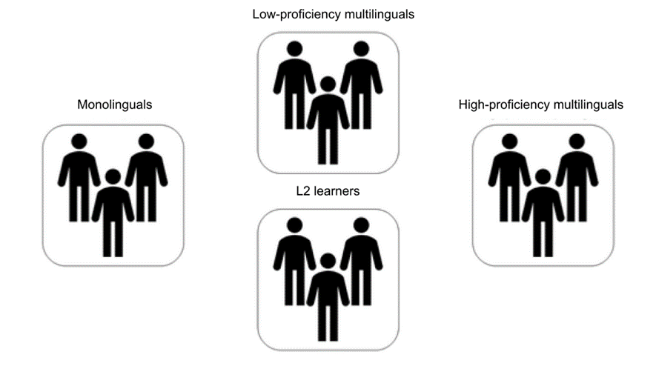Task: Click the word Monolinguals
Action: tap(114, 105)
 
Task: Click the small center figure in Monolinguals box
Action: tap(113, 215)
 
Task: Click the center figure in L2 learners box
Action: tap(328, 296)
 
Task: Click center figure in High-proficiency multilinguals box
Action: tap(543, 215)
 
